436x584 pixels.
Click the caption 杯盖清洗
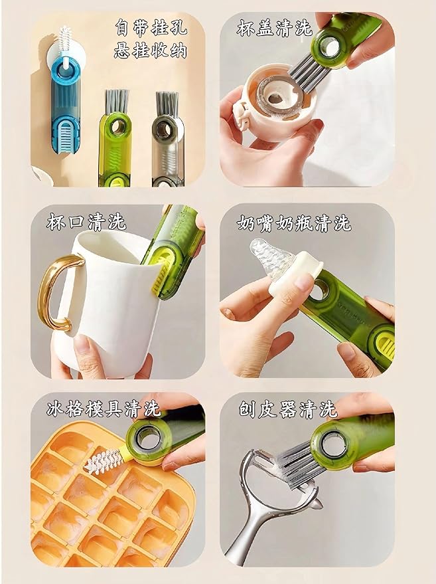[x=274, y=28]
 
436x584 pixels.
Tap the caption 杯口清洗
[x=86, y=222]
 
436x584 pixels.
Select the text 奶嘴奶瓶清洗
[x=294, y=223]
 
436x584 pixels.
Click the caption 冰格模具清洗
[x=104, y=409]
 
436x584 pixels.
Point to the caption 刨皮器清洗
[x=287, y=410]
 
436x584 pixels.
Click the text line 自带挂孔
[x=151, y=27]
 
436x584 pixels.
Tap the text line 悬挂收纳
[x=150, y=50]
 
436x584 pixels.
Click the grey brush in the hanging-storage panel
[x=167, y=139]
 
